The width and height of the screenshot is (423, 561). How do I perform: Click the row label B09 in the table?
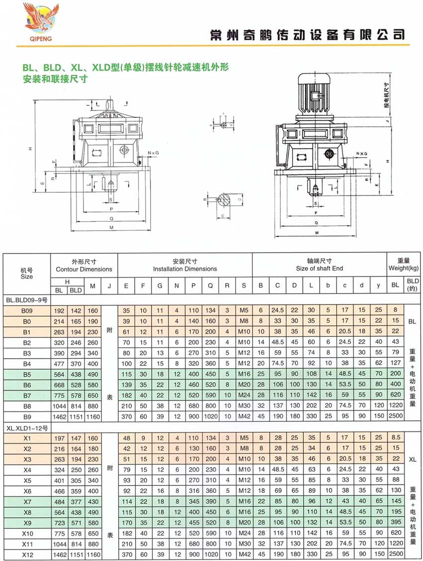26,310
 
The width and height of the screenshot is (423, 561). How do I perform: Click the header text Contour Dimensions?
84,269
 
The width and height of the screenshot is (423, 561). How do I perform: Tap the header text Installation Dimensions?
185,269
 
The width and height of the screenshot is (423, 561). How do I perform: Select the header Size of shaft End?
319,269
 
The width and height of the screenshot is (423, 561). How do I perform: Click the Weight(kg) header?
403,269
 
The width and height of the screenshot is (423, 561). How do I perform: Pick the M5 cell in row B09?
244,310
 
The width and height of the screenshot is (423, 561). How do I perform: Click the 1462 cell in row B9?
59,415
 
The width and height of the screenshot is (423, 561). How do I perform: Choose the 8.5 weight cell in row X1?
396,439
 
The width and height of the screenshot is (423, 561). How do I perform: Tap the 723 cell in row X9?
59,523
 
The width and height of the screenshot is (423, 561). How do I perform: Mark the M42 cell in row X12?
244,554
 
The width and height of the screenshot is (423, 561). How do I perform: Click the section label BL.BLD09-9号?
26,300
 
